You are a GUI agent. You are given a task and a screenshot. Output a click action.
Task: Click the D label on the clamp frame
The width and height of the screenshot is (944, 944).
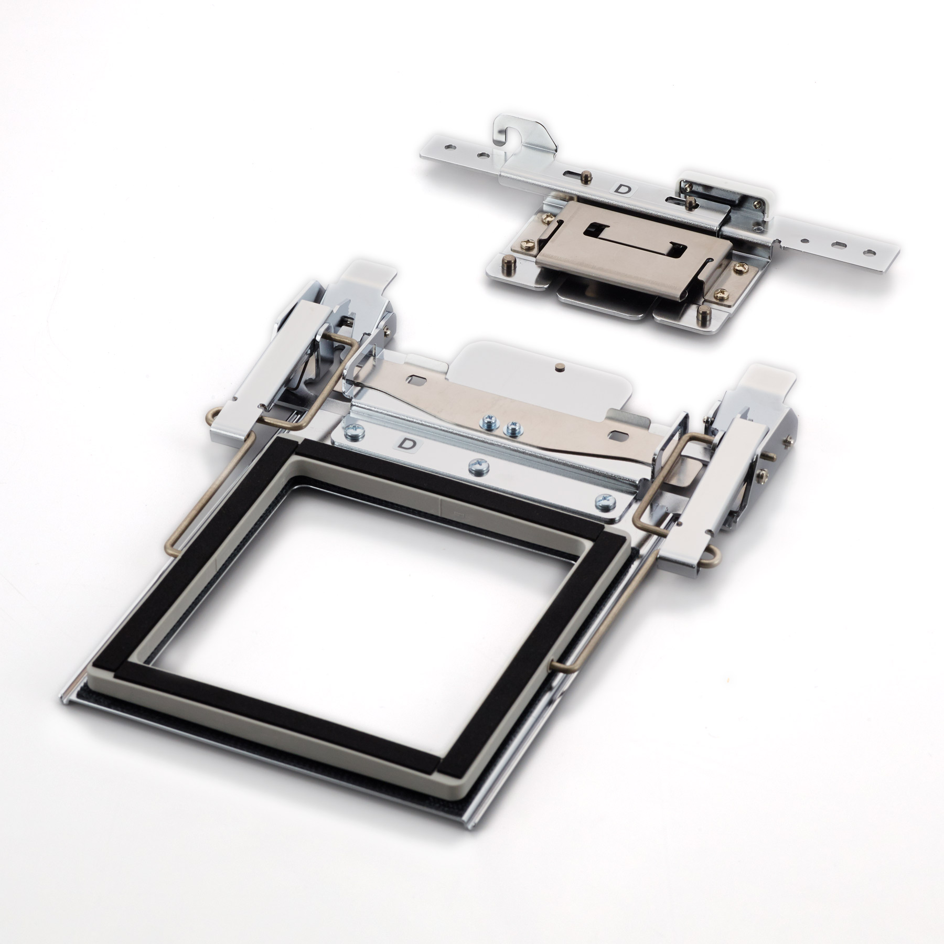(x=404, y=444)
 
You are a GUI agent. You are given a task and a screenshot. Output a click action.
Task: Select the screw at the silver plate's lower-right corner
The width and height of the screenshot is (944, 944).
(x=603, y=500)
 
